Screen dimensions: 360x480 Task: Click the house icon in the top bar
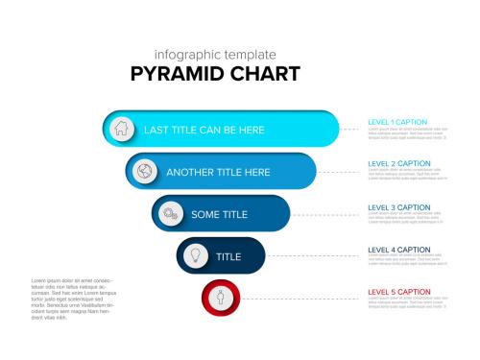tap(121, 129)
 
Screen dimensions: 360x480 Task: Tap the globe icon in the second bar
tap(145, 172)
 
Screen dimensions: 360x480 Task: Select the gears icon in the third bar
tap(170, 214)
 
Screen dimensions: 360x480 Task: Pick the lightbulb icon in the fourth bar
tap(195, 256)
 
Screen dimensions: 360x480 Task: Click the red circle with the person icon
tap(220, 298)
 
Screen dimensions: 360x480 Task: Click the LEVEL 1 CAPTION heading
tap(398, 123)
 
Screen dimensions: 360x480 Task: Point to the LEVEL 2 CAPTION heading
tap(398, 164)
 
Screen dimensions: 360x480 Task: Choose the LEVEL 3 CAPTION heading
tap(398, 207)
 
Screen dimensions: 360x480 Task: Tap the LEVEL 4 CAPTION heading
tap(398, 250)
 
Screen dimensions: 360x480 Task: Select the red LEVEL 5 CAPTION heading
tap(398, 292)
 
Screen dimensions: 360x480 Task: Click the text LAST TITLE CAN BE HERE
tap(204, 130)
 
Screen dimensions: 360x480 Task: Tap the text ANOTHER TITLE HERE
tap(218, 173)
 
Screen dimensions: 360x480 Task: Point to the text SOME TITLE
tap(219, 215)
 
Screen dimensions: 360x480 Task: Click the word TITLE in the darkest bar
tap(228, 257)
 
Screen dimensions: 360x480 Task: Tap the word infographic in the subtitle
tap(187, 55)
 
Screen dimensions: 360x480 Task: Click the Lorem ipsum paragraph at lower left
tap(73, 299)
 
